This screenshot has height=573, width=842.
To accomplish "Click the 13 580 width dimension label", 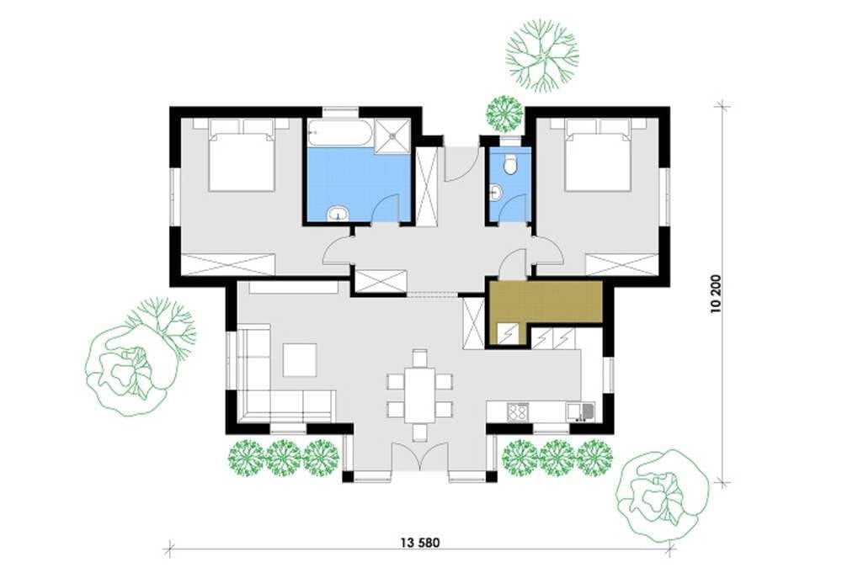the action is coord(420,543).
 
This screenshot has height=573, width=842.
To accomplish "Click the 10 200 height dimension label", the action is coord(717,294).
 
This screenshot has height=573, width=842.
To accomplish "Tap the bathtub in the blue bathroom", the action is coord(340,132).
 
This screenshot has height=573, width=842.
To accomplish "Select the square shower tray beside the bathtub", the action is coord(393,135).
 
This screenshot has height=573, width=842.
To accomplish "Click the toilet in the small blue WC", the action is coord(510,164).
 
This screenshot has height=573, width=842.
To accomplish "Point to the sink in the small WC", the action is coord(496,192).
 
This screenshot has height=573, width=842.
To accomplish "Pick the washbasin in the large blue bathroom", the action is coord(338,214).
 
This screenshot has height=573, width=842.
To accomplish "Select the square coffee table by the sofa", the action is coord(300,360).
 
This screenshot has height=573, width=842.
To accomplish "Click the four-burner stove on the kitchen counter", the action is coord(518,412).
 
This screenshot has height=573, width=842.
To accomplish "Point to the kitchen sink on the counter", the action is coord(580,411).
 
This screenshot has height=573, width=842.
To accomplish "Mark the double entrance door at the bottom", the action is coord(419,457).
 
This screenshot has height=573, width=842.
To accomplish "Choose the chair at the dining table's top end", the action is coord(419,358).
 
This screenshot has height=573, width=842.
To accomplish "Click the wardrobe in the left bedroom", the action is coord(228,264).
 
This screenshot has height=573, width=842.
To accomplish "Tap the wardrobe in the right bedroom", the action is coord(621,264).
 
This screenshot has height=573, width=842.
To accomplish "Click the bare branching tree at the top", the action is coord(541,54).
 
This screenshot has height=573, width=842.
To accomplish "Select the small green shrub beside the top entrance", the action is coord(504,114).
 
